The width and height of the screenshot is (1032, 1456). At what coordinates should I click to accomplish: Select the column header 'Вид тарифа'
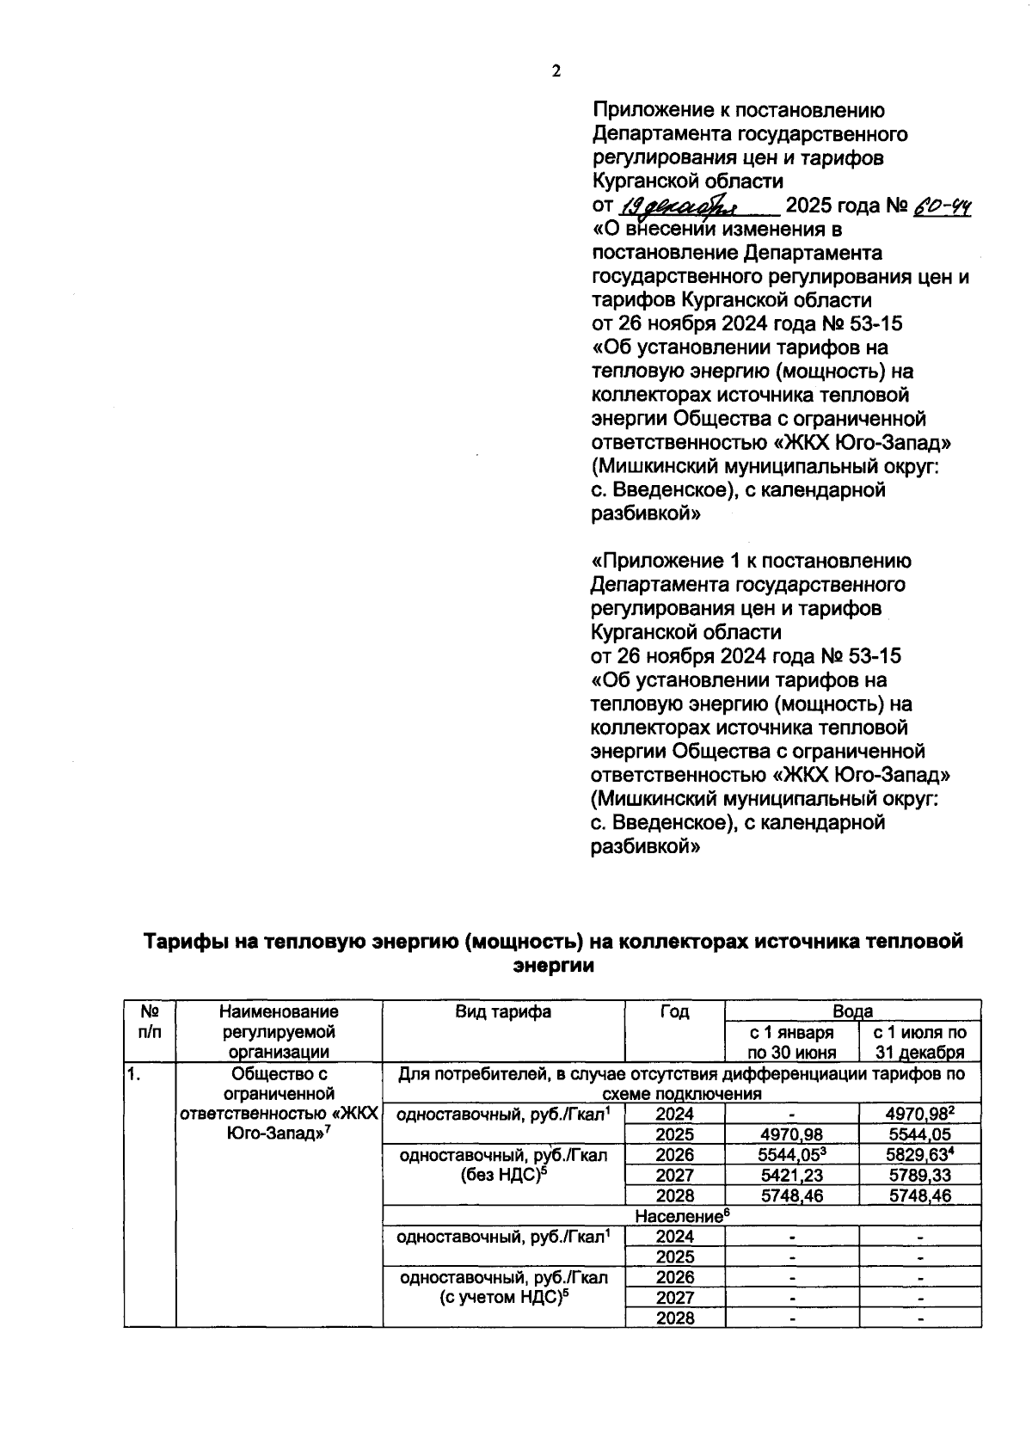click(x=503, y=1012)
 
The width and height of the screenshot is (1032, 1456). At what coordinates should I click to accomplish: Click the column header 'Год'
click(x=674, y=1012)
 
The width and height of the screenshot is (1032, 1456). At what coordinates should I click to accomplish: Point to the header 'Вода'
click(x=852, y=1011)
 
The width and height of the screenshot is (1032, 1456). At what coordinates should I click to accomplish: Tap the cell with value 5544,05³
click(x=791, y=1155)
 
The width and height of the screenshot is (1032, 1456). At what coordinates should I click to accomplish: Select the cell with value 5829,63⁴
click(x=919, y=1155)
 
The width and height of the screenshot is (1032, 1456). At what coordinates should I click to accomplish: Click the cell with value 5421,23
click(x=791, y=1176)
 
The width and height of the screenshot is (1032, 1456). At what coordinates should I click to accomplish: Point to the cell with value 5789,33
click(x=919, y=1176)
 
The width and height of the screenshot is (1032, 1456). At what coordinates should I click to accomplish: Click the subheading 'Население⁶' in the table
click(x=681, y=1216)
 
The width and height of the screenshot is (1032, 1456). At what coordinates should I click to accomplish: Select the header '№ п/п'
click(x=150, y=1022)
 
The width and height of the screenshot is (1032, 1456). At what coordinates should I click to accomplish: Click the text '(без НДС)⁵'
click(x=503, y=1176)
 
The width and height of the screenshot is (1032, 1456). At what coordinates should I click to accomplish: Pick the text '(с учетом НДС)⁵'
click(x=503, y=1299)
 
